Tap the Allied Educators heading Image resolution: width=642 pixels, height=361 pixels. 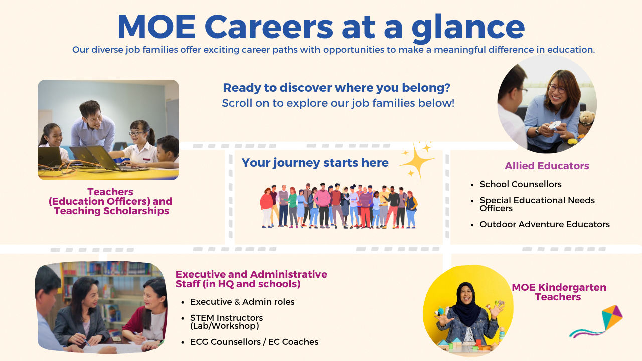pyautogui.click(x=547, y=166)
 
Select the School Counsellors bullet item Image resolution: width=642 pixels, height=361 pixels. pyautogui.click(x=520, y=184)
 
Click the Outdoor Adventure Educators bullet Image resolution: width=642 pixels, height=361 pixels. pyautogui.click(x=544, y=224)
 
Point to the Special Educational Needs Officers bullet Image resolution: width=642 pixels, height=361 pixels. pyautogui.click(x=537, y=204)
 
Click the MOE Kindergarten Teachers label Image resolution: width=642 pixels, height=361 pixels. pyautogui.click(x=558, y=292)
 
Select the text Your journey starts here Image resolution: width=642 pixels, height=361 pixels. pyautogui.click(x=315, y=163)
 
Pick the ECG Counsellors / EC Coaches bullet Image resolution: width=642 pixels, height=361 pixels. pyautogui.click(x=254, y=342)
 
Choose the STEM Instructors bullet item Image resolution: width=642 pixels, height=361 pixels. pyautogui.click(x=226, y=322)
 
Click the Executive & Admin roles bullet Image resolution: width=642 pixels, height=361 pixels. pyautogui.click(x=242, y=302)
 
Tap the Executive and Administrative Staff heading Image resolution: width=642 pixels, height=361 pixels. pyautogui.click(x=251, y=279)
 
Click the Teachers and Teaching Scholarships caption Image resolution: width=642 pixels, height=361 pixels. pyautogui.click(x=111, y=201)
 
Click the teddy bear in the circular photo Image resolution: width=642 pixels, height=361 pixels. pyautogui.click(x=585, y=123)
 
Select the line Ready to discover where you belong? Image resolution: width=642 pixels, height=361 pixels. pyautogui.click(x=337, y=88)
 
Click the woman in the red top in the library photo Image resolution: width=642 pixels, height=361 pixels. pyautogui.click(x=150, y=311)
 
